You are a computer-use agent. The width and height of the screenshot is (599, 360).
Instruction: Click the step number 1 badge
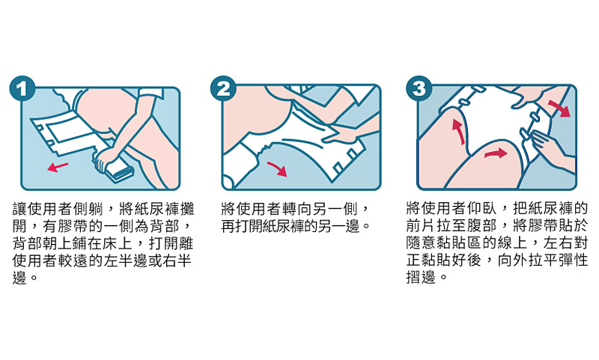point(22,89)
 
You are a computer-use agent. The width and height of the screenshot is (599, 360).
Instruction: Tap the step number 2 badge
point(223,89)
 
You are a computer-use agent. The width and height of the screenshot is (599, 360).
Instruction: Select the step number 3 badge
point(419,89)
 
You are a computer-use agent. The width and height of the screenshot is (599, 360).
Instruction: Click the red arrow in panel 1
point(58,167)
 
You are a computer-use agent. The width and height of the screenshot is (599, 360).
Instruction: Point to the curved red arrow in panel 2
point(278,168)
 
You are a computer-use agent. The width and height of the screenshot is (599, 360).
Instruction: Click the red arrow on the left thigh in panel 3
point(459,131)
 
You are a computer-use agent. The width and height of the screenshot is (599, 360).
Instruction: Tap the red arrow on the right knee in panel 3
point(496,153)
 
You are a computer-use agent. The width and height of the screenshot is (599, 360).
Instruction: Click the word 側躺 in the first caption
point(88,209)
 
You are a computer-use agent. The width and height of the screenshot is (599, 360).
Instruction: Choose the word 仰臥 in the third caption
point(481,209)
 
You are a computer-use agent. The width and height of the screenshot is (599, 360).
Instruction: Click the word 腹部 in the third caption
point(481,225)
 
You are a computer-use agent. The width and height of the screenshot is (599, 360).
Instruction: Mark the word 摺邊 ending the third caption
point(421,278)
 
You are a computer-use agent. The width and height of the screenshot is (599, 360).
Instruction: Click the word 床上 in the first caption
point(118,243)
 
